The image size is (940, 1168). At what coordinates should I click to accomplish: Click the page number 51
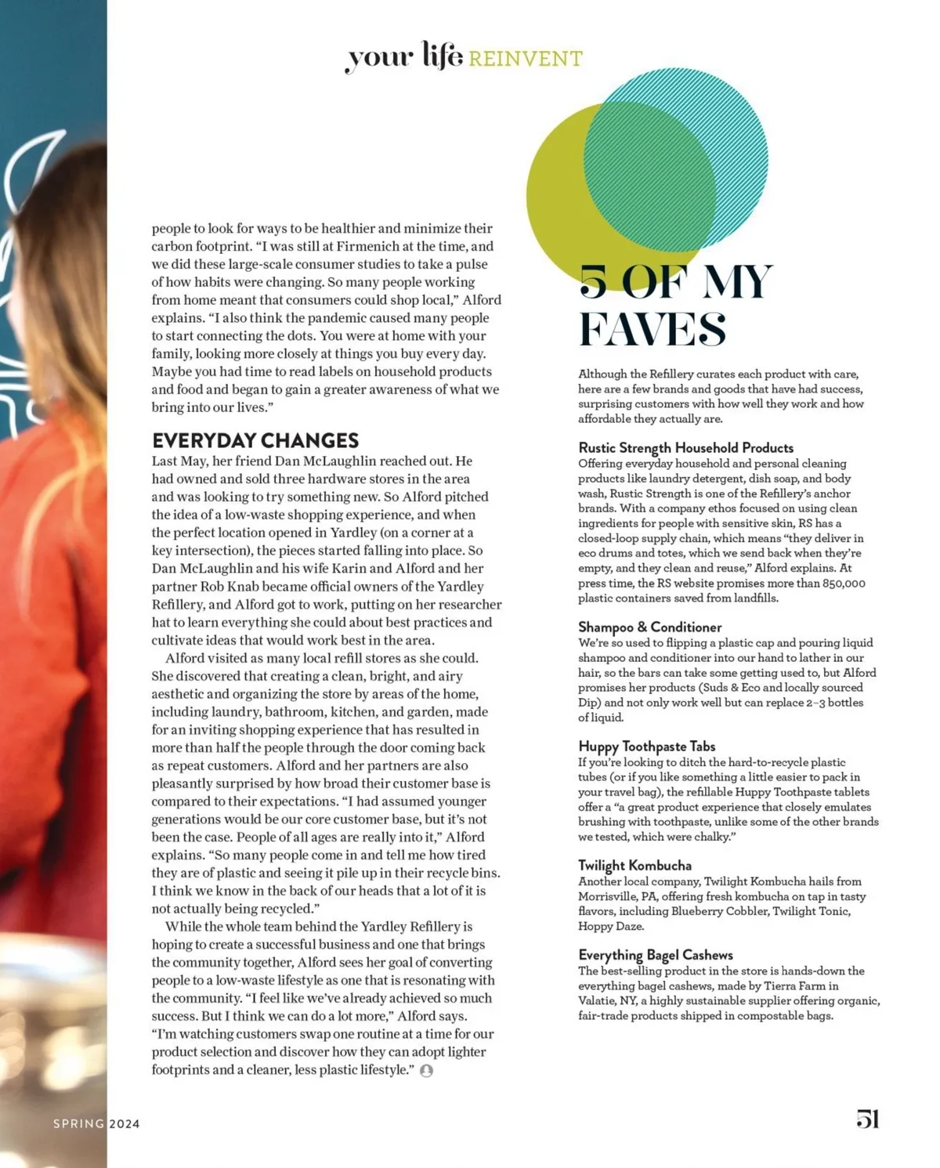pyautogui.click(x=867, y=1119)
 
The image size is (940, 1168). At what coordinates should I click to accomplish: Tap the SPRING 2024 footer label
pyautogui.click(x=96, y=1123)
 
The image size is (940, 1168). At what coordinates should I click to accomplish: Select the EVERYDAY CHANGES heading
pyautogui.click(x=255, y=440)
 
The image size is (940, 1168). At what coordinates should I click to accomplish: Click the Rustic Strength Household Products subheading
pyautogui.click(x=685, y=447)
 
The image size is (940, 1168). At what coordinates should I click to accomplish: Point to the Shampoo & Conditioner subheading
pyautogui.click(x=649, y=627)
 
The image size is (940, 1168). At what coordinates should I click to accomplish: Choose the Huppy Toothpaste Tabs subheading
pyautogui.click(x=646, y=746)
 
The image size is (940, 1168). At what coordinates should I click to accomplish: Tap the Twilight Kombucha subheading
pyautogui.click(x=634, y=865)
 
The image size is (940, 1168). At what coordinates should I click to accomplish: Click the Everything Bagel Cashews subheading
pyautogui.click(x=655, y=954)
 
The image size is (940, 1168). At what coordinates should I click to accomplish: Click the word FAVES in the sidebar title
pyautogui.click(x=652, y=329)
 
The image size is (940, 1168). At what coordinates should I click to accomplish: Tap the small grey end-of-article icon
pyautogui.click(x=426, y=1071)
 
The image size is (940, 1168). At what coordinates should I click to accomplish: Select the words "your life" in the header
pyautogui.click(x=403, y=57)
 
